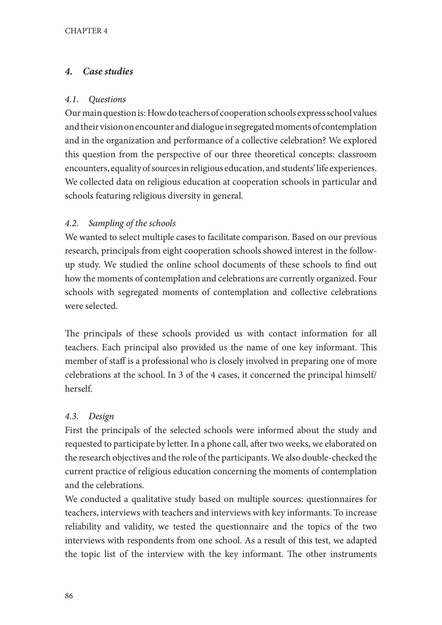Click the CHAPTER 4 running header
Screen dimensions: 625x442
coord(86,31)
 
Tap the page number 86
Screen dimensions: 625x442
coord(69,596)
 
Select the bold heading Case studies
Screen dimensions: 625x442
coord(108,71)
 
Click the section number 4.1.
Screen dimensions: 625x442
coord(72,99)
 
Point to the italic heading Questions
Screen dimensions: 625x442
coord(107,99)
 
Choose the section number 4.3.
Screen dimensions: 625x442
coord(72,416)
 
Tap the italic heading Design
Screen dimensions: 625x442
coord(101,416)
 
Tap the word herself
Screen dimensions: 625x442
coord(78,389)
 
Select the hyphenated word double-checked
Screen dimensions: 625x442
coord(332,458)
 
